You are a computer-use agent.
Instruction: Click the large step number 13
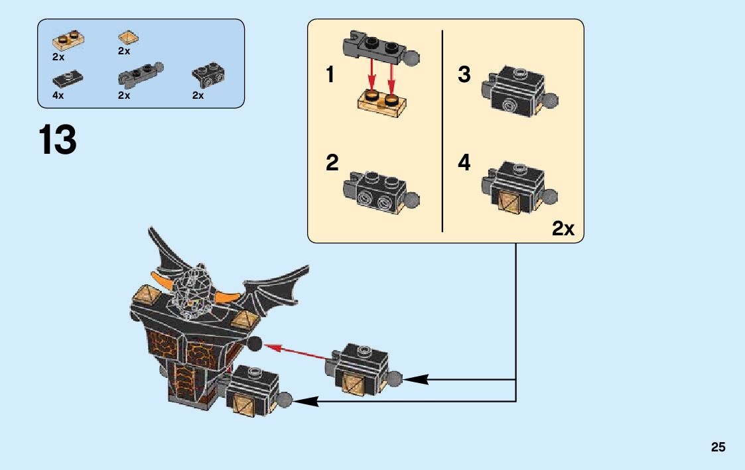click(x=58, y=141)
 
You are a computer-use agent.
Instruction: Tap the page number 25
click(x=718, y=447)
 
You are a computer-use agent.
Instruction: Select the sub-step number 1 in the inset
click(x=330, y=75)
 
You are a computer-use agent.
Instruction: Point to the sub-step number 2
click(x=332, y=162)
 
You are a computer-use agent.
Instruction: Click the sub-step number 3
click(x=464, y=74)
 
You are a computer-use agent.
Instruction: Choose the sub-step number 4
click(x=464, y=162)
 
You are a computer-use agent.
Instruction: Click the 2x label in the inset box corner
click(x=563, y=229)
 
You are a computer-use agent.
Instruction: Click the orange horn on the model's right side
click(x=228, y=296)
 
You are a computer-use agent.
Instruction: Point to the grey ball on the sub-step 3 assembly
click(x=550, y=101)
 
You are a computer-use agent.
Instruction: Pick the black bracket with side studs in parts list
click(x=207, y=76)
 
